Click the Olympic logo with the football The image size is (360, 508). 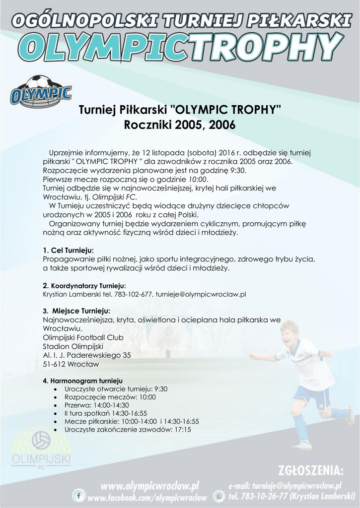(41, 92)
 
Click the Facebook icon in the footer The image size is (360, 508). (78, 495)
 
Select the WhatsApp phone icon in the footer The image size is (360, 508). (219, 496)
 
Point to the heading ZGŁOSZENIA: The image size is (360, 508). (311, 469)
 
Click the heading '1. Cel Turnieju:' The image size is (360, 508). (68, 250)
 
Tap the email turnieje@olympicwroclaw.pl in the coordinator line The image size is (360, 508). (201, 294)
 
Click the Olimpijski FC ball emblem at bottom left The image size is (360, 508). (41, 440)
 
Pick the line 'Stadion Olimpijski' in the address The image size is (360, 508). (72, 346)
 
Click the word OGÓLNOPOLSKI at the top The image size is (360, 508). (87, 20)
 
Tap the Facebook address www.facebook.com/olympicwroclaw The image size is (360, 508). (147, 497)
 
